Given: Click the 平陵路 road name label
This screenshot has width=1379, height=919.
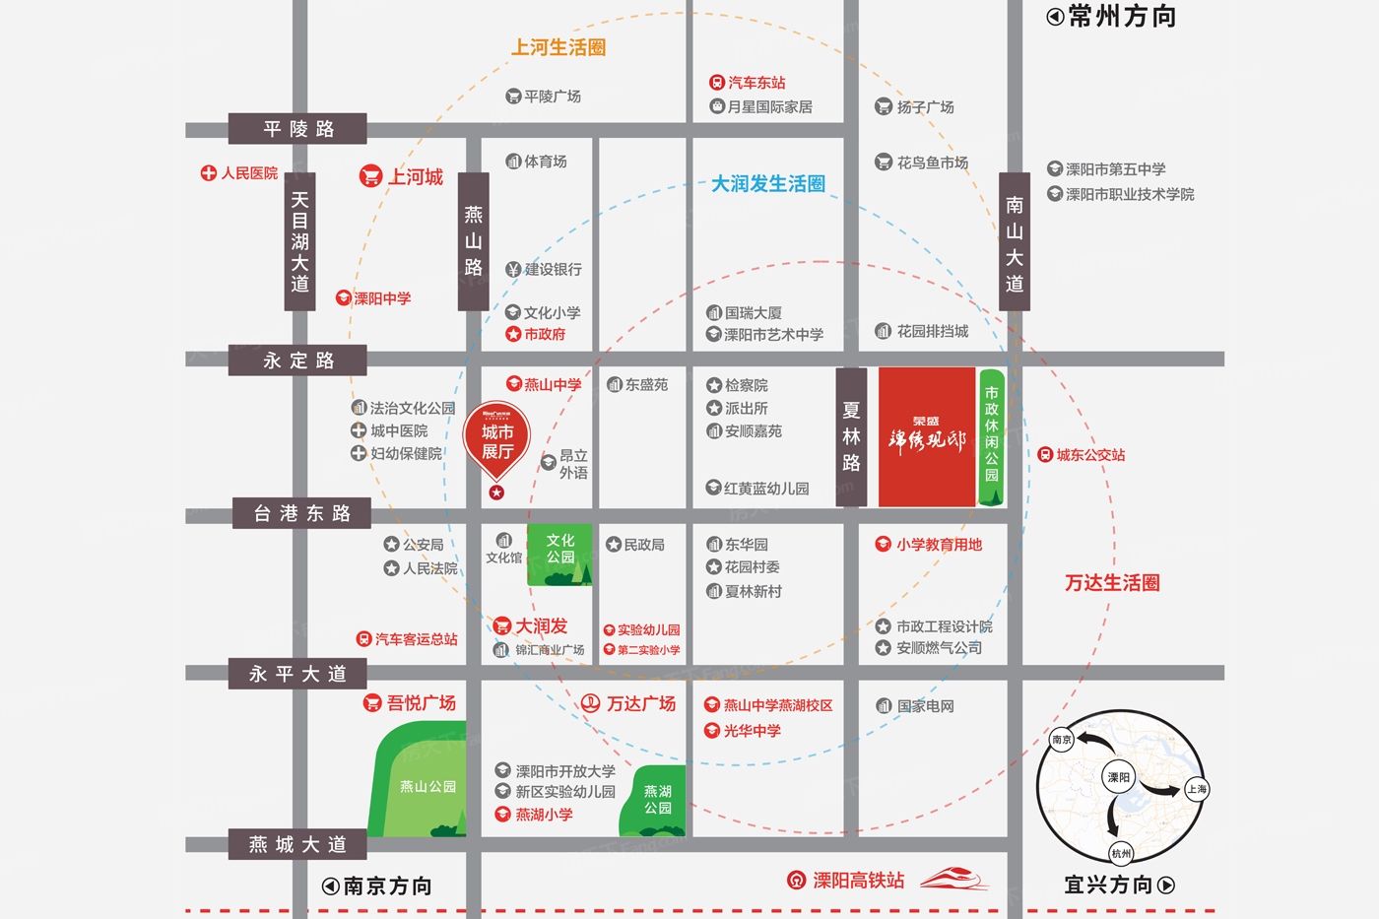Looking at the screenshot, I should [297, 129].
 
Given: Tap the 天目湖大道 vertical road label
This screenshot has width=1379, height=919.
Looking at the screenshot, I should [299, 241].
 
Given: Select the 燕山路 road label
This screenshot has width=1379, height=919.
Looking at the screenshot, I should [474, 241].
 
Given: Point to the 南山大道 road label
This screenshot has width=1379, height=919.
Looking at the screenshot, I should [1015, 242].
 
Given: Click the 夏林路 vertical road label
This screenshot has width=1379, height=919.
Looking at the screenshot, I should [851, 436].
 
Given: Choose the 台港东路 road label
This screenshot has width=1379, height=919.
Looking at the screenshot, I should [302, 513].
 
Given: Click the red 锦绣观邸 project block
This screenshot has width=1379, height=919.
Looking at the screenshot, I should [926, 437].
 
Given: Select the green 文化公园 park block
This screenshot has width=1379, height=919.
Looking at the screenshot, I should [560, 554].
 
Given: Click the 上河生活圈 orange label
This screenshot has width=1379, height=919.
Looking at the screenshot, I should [558, 47].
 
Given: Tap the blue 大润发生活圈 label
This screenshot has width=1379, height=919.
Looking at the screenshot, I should [768, 184].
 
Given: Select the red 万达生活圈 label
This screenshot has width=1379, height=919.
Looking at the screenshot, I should [1112, 583].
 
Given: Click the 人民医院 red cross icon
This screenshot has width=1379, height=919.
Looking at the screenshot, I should [209, 173].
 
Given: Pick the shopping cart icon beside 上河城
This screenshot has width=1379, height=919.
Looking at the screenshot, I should [371, 176].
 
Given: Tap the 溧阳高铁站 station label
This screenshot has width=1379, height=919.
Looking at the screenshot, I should [857, 880].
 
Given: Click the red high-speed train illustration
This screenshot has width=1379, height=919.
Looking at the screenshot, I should [953, 878].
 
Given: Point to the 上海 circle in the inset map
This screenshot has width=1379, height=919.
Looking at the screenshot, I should [1196, 789].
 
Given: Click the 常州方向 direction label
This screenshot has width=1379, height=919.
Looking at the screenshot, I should [1112, 17].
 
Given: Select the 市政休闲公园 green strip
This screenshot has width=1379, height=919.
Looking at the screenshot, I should [991, 437].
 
